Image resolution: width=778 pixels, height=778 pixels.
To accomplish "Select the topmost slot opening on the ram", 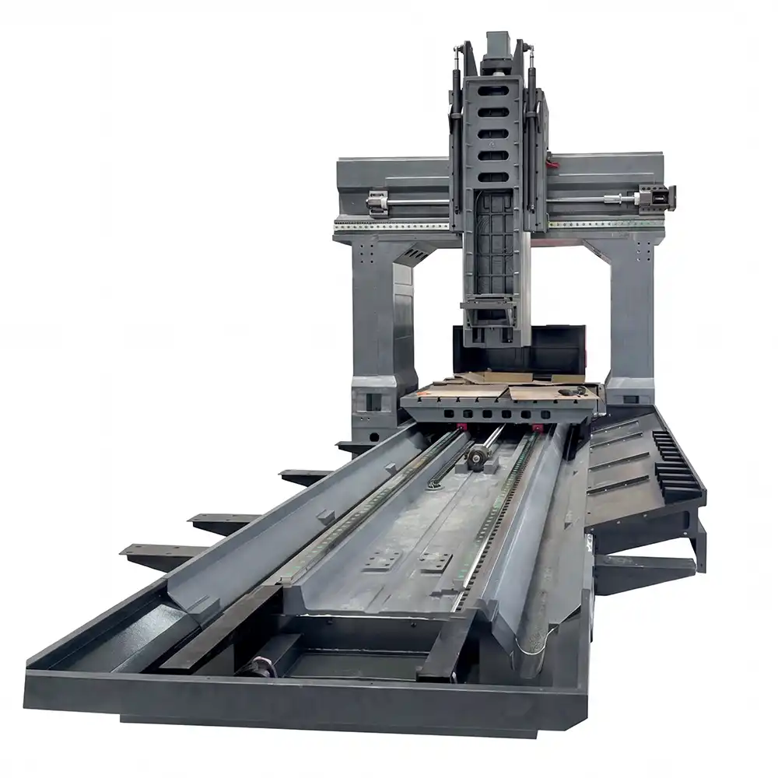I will pos(493,90).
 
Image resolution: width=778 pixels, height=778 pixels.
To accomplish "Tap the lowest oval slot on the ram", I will pos(493,177).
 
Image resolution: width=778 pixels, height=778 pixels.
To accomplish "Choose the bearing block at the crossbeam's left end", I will pos(377,202).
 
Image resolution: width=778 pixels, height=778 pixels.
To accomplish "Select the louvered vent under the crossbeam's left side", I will pos(416,254).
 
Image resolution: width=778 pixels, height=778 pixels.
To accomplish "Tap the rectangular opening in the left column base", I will pos(373,402).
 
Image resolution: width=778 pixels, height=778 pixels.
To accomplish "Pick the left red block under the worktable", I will pos(462,427).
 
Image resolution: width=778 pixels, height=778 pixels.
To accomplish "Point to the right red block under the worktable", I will pos(537,428).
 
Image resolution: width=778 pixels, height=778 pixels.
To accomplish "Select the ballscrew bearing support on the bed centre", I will pos(476,461).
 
